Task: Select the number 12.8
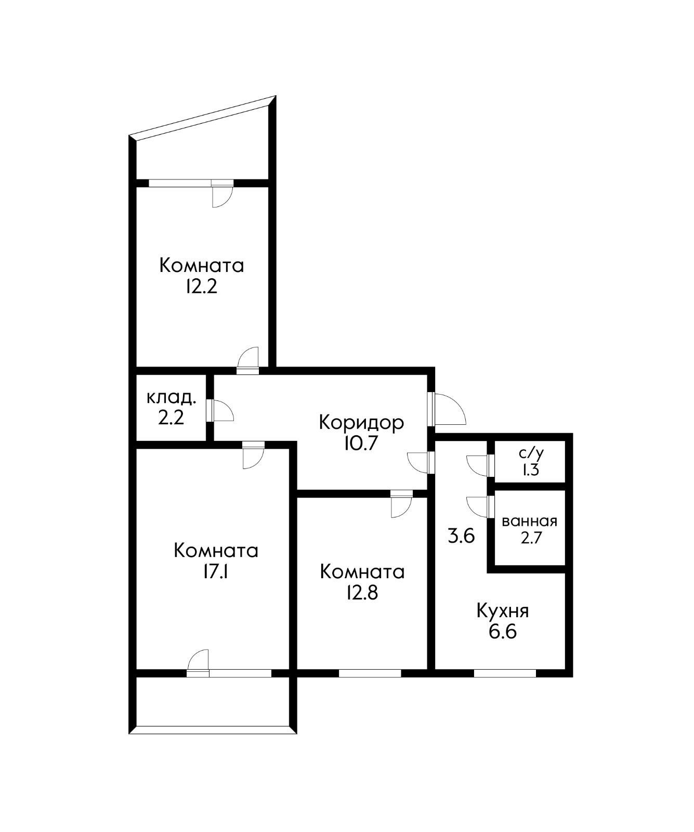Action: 362,593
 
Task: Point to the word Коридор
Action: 361,422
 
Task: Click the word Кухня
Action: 503,610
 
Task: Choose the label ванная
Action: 529,521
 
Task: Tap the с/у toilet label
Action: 531,453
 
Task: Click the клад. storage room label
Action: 172,398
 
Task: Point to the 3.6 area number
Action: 462,536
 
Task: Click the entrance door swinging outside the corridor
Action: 446,408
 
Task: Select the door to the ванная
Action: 479,506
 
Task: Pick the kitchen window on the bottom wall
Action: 504,673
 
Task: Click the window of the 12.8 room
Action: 370,673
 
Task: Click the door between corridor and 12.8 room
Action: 401,504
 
